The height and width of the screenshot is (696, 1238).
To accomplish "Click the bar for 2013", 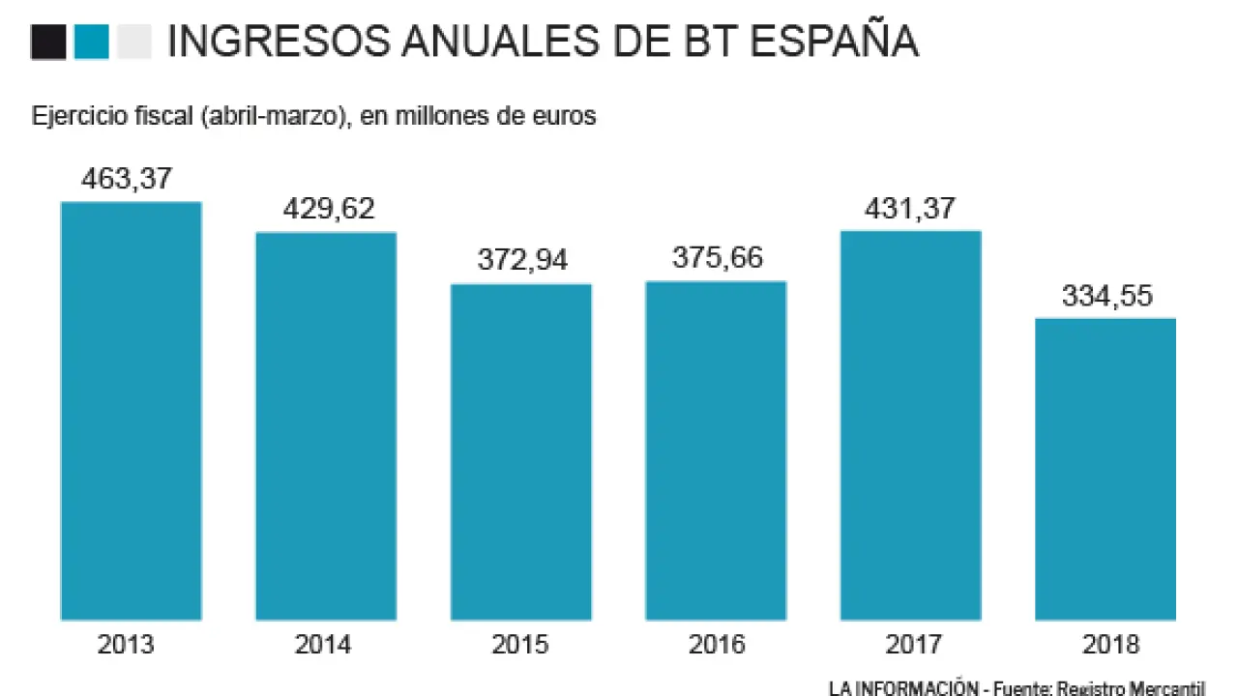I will [x=131, y=411].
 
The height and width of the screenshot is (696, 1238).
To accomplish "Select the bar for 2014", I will [x=326, y=425].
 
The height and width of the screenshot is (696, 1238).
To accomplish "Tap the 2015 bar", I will [x=521, y=451].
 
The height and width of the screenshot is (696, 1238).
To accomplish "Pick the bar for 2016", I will [x=716, y=450].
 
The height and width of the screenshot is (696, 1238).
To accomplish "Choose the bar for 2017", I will [x=911, y=424].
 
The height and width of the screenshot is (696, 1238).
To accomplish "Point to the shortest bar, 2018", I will [x=1105, y=469].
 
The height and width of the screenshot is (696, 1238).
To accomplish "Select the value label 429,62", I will [x=329, y=210].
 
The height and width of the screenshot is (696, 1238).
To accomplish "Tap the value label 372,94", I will [x=522, y=261].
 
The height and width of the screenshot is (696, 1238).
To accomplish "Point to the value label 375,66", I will [x=717, y=259].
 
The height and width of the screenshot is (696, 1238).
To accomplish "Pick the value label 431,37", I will [x=911, y=208].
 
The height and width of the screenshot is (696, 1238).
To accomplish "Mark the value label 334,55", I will [x=1107, y=296].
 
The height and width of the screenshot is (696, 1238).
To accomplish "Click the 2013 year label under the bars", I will [x=126, y=645].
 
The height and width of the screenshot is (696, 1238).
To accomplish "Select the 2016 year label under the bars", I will [x=717, y=645].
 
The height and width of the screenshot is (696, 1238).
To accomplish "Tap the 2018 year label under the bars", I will [x=1107, y=645].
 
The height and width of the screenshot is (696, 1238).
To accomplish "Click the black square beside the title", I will [x=48, y=43].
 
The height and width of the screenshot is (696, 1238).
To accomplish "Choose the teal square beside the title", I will [x=91, y=43].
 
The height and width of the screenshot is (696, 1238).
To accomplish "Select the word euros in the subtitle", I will [x=564, y=117].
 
